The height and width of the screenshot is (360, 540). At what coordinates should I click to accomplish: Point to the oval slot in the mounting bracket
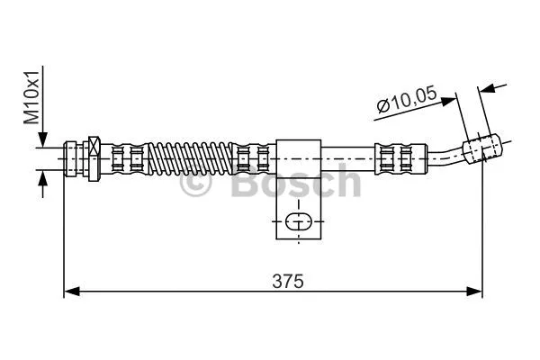pyautogui.click(x=298, y=221)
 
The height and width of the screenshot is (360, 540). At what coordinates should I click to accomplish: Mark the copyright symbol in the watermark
pyautogui.click(x=196, y=184)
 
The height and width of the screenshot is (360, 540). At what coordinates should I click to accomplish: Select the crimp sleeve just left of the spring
pyautogui.click(x=126, y=158)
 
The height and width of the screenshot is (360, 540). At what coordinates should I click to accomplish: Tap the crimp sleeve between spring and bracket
pyautogui.click(x=252, y=158)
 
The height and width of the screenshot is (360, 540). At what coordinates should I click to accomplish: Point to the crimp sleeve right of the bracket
pyautogui.click(x=395, y=157)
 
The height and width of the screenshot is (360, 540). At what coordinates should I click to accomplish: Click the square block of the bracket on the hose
pyautogui.click(x=298, y=157)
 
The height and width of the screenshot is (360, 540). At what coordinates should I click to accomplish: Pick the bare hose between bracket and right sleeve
pyautogui.click(x=346, y=157)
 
